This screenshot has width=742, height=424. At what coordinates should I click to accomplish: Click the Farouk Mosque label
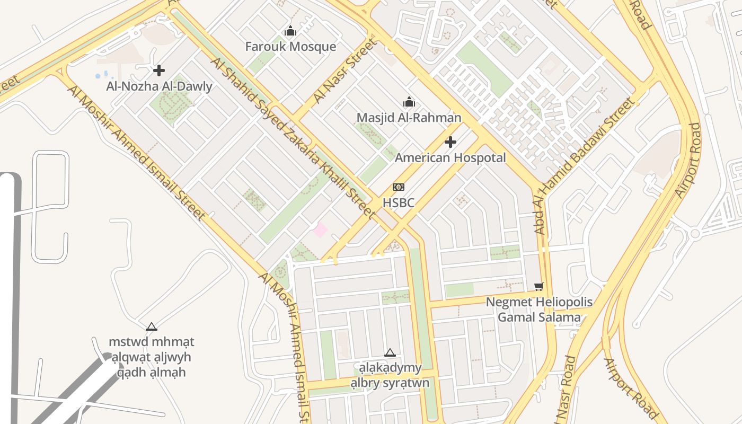coord(290,47)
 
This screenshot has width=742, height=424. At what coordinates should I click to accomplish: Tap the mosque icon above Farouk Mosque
coord(290,32)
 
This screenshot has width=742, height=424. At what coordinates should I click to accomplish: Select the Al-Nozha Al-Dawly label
coord(159,86)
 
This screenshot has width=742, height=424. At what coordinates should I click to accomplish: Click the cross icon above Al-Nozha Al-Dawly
coord(158,70)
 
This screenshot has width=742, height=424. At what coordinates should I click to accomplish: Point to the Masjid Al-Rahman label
coord(409,118)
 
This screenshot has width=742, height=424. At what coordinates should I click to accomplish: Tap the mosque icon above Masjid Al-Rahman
coord(409,102)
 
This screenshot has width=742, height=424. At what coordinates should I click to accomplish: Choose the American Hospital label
coord(450,158)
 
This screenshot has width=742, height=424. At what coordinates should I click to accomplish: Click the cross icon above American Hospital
coord(450,142)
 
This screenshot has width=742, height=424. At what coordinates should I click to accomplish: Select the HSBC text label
coord(398,203)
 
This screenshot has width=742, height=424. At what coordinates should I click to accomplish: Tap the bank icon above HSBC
coord(398,187)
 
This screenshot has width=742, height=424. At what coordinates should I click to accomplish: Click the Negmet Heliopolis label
coord(540,303)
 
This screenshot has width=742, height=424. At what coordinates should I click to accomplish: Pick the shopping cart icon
coord(539,287)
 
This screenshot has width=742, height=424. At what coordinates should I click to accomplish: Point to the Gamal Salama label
coord(540,317)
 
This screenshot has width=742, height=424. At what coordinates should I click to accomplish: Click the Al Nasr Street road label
coord(343,71)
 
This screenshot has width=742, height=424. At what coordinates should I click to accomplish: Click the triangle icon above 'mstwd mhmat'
coord(152,326)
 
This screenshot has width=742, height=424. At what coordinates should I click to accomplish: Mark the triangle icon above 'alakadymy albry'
coord(390,353)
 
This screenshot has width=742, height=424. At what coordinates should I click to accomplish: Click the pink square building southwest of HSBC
coord(320,230)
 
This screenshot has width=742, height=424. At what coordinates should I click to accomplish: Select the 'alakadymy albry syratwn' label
coord(390,375)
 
